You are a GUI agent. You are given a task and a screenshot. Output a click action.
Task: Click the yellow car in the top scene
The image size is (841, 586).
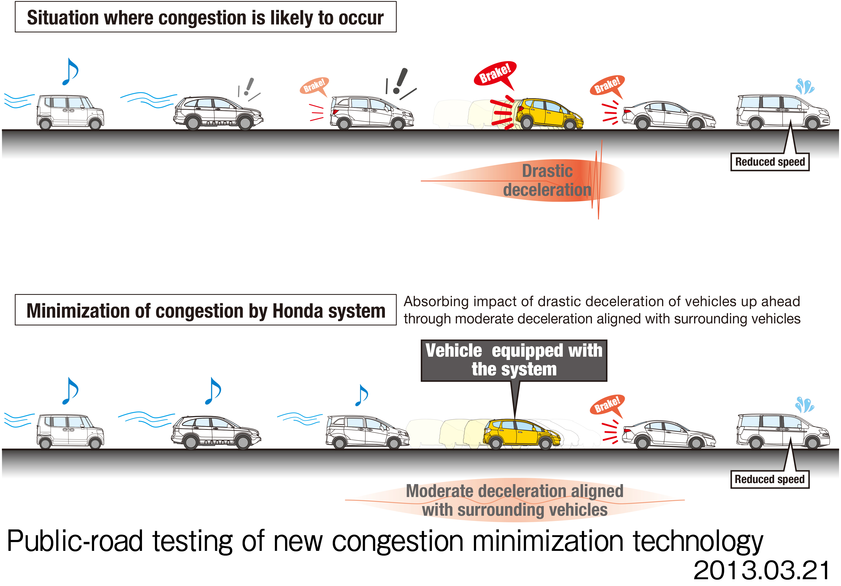pyautogui.click(x=549, y=114)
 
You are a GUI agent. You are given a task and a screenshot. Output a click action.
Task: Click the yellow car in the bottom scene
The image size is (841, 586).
pyautogui.click(x=522, y=434)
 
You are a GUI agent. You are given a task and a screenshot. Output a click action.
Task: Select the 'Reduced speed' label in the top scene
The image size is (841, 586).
pyautogui.click(x=770, y=162)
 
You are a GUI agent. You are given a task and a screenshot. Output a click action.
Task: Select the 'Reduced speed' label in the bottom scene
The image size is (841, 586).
pyautogui.click(x=770, y=479)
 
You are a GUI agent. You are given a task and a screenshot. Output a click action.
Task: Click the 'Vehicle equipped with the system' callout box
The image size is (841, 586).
pyautogui.click(x=514, y=360)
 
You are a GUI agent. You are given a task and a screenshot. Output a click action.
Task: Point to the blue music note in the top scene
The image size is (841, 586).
pyautogui.click(x=70, y=72)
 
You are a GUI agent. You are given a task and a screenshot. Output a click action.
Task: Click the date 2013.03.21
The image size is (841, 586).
pyautogui.click(x=762, y=570)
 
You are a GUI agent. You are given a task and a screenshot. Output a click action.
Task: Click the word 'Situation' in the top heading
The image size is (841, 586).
pyautogui.click(x=63, y=18)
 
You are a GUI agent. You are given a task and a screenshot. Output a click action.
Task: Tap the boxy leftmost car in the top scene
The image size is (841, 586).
pyautogui.click(x=70, y=112)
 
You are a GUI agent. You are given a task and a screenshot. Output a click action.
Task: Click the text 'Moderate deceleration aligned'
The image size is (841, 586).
pyautogui.click(x=515, y=491)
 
